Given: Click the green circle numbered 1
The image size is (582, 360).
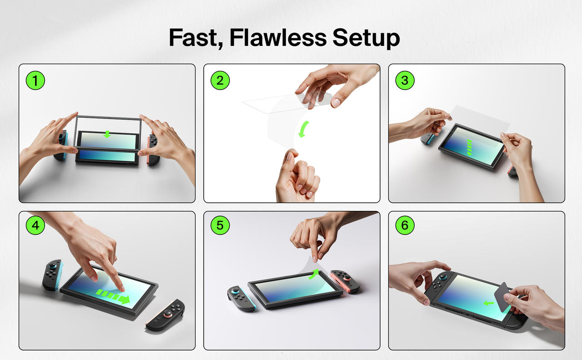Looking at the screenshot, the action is click(35, 80).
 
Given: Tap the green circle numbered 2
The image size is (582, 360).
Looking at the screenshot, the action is click(220, 80).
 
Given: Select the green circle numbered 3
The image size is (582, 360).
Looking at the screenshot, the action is click(405, 80).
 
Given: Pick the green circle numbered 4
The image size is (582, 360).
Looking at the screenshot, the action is click(35, 225).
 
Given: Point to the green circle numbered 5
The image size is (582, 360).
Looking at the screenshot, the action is click(220, 225).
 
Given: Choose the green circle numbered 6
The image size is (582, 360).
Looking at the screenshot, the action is click(405, 225).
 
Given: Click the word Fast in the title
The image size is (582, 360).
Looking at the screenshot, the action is click(196, 38).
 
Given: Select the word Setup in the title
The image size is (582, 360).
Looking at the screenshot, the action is click(366, 39).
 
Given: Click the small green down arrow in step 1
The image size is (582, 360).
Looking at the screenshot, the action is click(107, 134).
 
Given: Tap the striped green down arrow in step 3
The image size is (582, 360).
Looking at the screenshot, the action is click(469, 148).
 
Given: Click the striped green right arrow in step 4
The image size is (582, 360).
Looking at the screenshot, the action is click(113, 296).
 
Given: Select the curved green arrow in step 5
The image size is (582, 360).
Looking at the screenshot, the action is click(314, 274).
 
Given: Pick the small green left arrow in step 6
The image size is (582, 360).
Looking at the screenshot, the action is click(489, 303).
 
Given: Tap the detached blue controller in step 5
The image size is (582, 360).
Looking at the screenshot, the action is click(241, 299).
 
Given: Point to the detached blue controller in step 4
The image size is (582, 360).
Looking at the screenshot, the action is click(53, 275).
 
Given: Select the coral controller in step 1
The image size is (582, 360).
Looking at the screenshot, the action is click(152, 150).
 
